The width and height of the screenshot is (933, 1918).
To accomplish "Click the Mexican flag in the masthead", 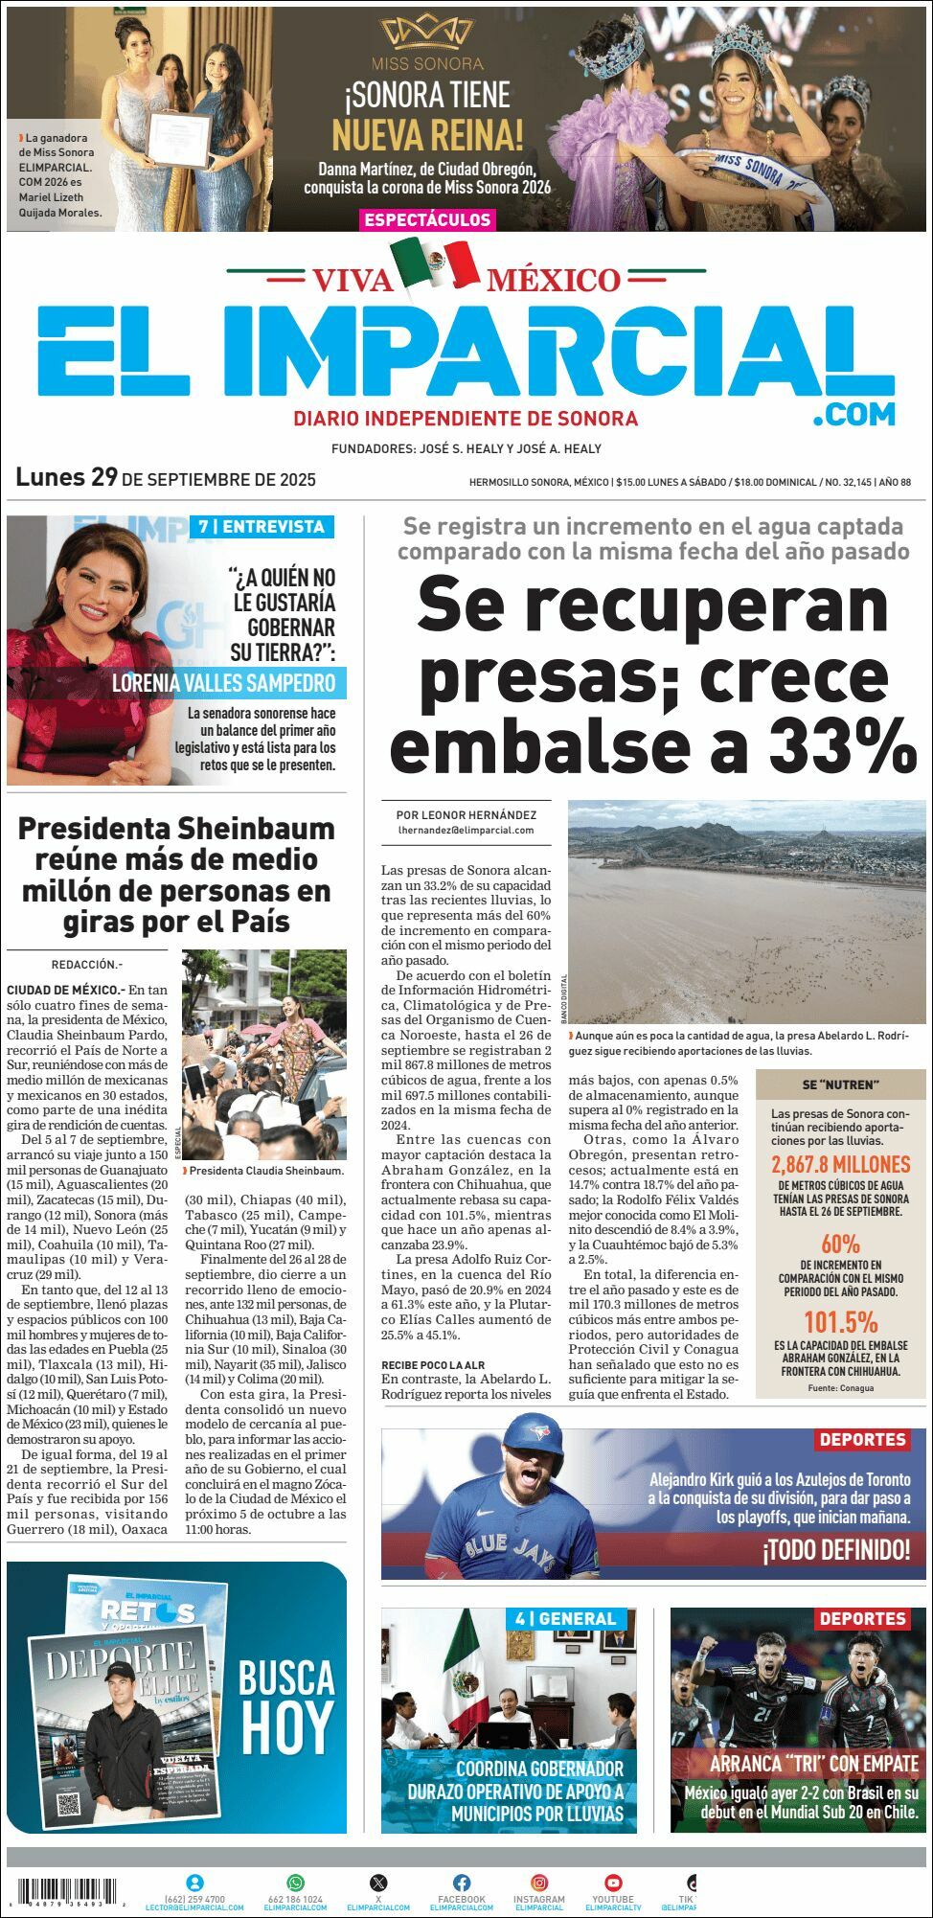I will point(435,263).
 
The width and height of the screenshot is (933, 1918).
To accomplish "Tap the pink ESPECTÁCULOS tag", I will point(427,219).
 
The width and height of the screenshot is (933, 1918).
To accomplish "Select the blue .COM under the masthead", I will point(853,414).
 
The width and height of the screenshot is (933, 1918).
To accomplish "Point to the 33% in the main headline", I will point(843,747).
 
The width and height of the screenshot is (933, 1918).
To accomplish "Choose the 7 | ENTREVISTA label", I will point(262,526).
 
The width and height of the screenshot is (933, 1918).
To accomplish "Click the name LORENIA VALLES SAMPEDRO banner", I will point(224,683).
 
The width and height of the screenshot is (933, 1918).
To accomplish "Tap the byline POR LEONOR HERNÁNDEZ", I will point(466,814).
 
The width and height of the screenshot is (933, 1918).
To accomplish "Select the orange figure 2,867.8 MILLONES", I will point(840,1165).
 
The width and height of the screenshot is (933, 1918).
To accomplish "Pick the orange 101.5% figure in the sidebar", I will point(840,1323).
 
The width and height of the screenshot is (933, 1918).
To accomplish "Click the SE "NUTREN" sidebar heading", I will point(840,1085).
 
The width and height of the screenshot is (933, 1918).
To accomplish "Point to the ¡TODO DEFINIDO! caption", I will point(836,1549).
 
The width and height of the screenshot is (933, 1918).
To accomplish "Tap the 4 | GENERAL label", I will point(565,1619).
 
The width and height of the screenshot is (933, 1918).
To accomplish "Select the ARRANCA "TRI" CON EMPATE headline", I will point(800,1764).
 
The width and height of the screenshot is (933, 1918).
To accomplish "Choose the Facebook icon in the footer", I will point(462,1883).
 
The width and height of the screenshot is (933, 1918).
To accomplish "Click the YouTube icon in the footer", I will point(613,1883).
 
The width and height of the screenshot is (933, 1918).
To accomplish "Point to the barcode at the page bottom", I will point(66,1891).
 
